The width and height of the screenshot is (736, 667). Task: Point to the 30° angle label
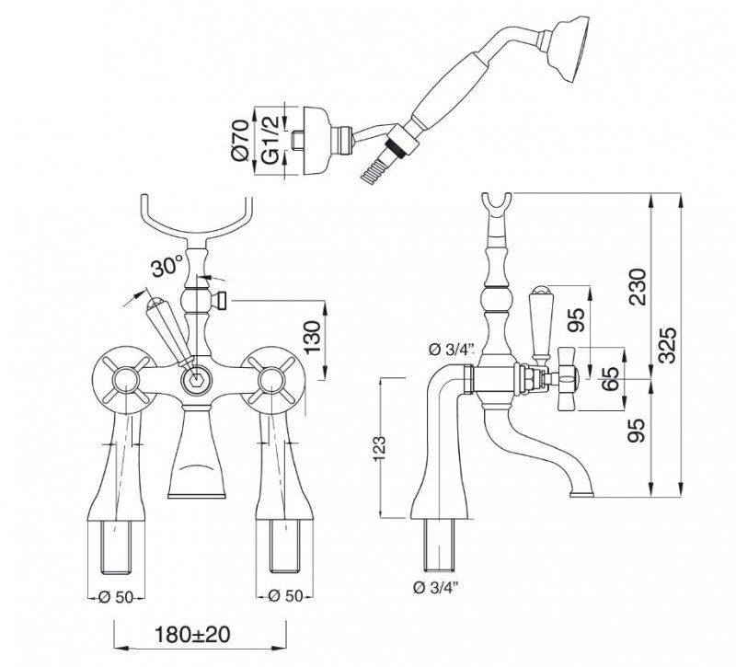[x=166, y=268]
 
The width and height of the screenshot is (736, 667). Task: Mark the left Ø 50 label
[x=115, y=596]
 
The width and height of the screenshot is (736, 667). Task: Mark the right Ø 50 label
[x=288, y=596]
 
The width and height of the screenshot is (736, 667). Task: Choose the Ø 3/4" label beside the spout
[x=451, y=349]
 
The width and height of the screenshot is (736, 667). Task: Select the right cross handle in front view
[x=271, y=378]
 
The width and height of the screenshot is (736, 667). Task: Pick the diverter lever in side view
[x=539, y=317]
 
